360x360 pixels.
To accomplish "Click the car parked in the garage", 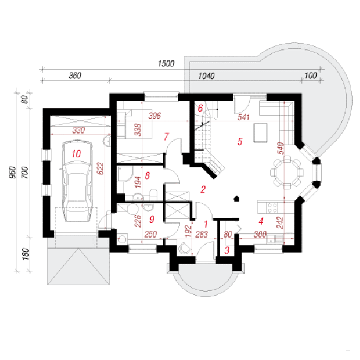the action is click(x=78, y=181).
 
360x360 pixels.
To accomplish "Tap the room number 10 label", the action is click(x=76, y=153).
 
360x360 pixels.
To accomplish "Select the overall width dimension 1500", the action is click(x=166, y=63).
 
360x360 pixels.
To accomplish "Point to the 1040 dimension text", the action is click(x=206, y=76).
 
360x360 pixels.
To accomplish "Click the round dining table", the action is click(x=287, y=172).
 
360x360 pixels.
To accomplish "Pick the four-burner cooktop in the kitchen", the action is click(x=272, y=208).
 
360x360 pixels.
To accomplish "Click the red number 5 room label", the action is click(x=240, y=141).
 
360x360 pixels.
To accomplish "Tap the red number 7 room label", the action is click(x=167, y=137).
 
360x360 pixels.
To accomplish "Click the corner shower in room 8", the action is click(x=125, y=174).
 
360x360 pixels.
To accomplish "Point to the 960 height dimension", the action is click(x=13, y=172).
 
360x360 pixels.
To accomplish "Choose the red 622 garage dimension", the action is click(x=100, y=168).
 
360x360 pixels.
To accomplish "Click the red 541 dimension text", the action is click(x=244, y=117).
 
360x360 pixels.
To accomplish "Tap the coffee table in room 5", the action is click(x=261, y=133).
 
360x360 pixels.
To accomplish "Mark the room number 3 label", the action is click(x=227, y=250).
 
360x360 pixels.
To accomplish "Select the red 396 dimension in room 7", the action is click(x=155, y=116).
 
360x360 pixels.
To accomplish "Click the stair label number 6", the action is click(x=200, y=108).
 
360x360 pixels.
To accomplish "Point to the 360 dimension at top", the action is click(x=75, y=75).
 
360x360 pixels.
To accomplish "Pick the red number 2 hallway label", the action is click(x=203, y=189).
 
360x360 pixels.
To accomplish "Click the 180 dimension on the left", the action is click(x=25, y=254).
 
